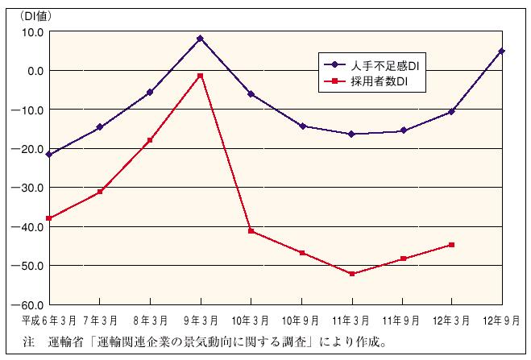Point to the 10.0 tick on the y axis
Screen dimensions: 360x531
(x=32, y=32)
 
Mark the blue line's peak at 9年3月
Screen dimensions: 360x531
(x=200, y=39)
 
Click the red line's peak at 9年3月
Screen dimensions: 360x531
(x=200, y=76)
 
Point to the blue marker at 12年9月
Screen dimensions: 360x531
(x=501, y=51)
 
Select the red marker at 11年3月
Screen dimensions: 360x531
(x=351, y=274)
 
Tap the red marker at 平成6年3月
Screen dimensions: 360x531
(x=49, y=218)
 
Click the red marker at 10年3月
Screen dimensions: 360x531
(x=251, y=231)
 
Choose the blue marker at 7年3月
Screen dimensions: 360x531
(x=100, y=126)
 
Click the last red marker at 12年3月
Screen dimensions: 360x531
(x=451, y=245)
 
